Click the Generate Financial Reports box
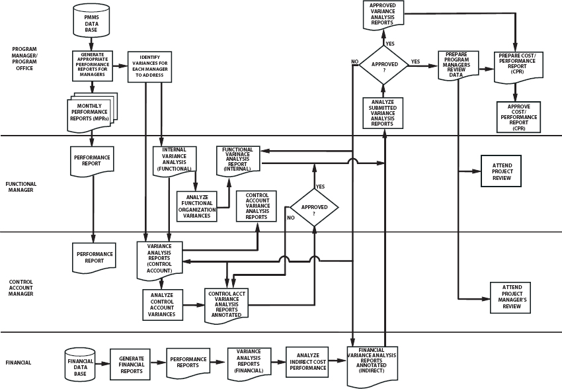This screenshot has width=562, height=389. [130, 363]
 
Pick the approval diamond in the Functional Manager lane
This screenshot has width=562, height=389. [314, 207]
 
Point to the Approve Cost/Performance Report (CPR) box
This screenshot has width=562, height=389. [518, 116]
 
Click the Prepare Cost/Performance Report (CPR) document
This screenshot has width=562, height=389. [518, 65]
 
